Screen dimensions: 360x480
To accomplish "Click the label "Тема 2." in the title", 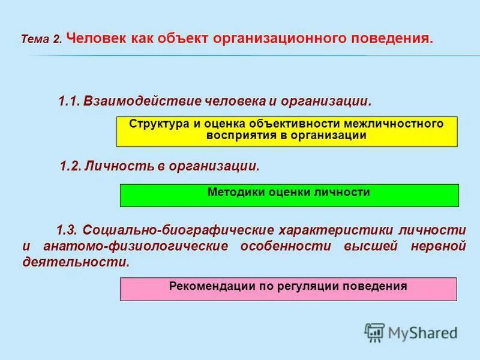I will point(41,40).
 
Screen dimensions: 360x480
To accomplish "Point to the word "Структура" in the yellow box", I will point(158,124).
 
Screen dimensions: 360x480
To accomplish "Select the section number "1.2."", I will point(71,166).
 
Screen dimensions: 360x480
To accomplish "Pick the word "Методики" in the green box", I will point(233,193).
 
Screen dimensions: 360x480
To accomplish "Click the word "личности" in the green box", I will point(344,193).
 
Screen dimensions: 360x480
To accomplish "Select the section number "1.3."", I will point(67,230).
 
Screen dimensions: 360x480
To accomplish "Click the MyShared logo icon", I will point(374,332).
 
